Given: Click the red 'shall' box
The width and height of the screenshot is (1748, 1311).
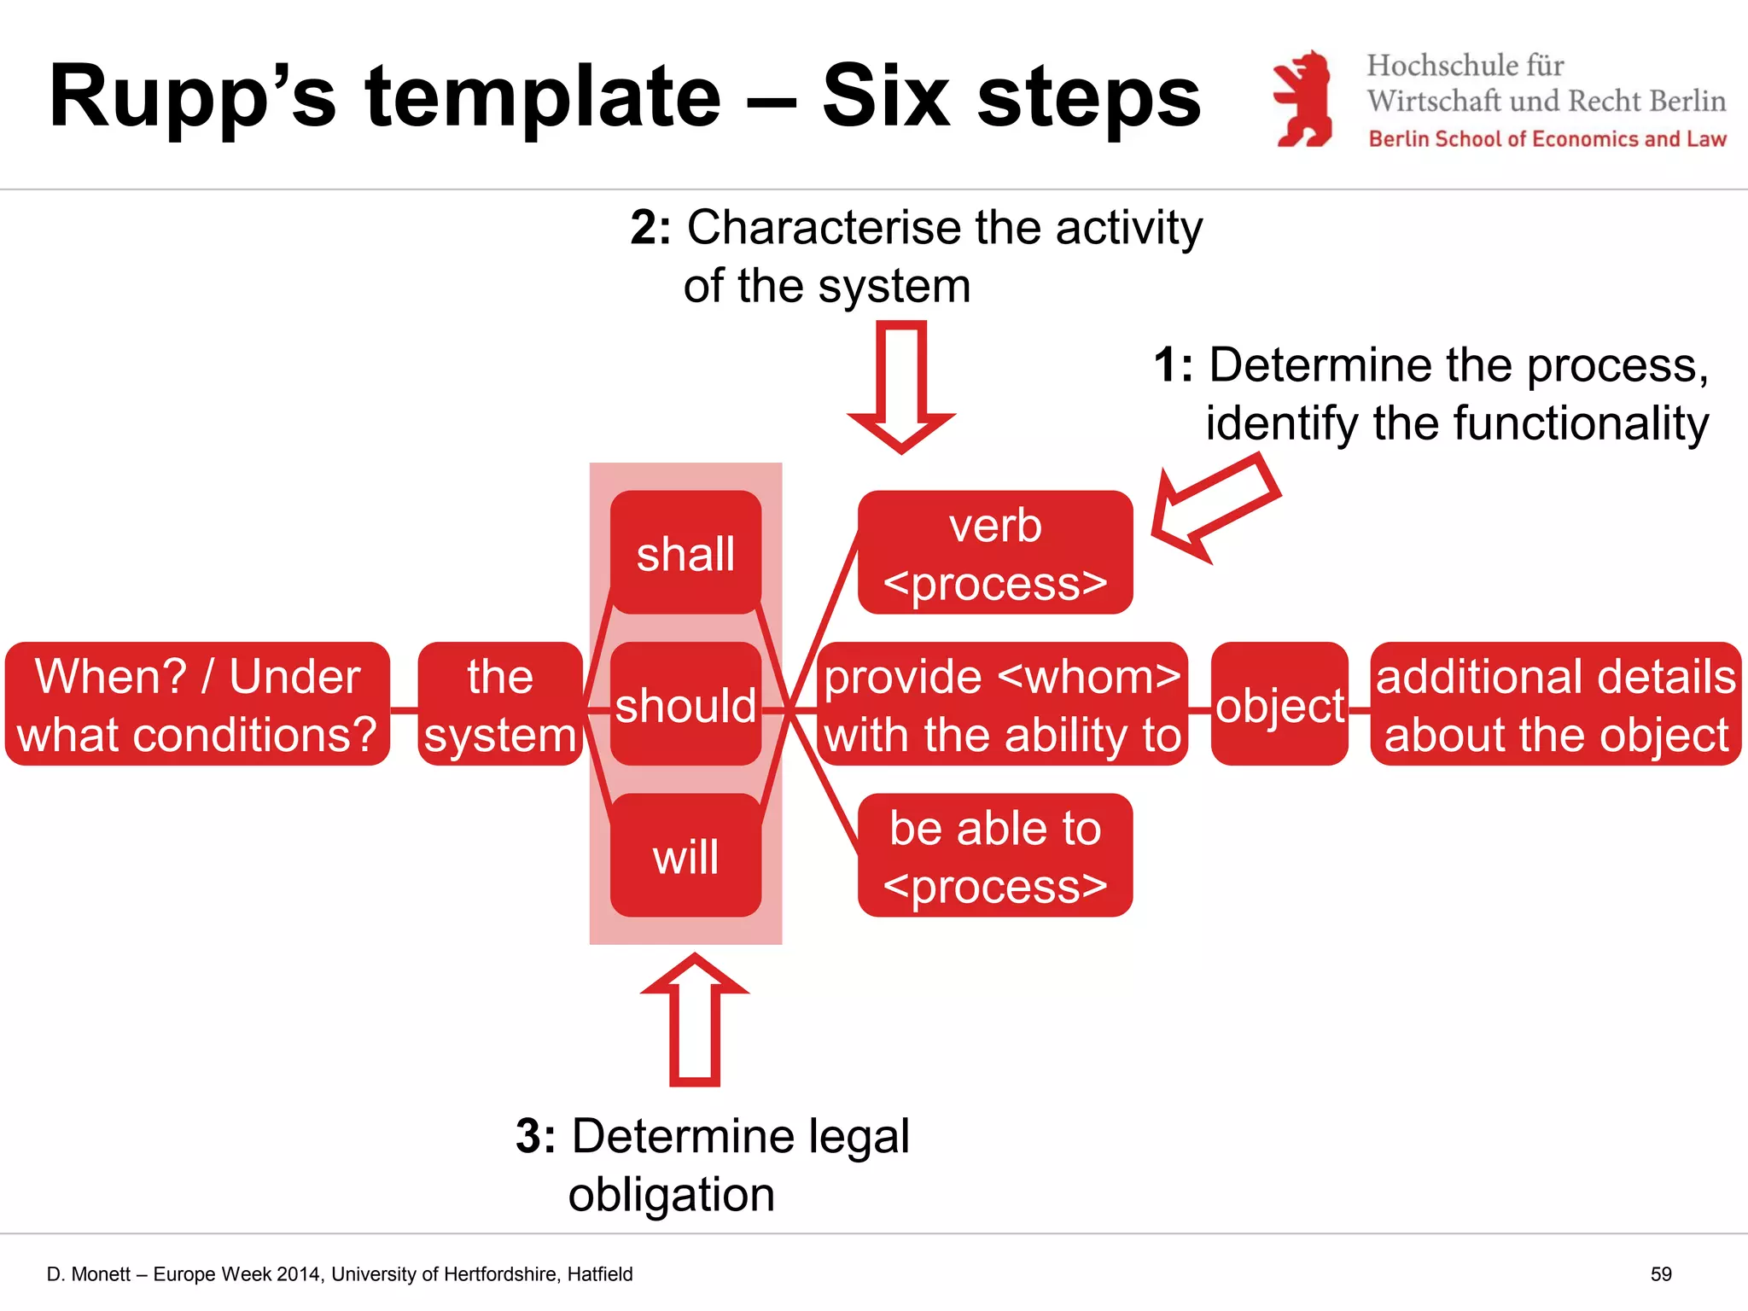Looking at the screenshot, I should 685,552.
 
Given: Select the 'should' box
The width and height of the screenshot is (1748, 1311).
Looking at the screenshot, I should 685,704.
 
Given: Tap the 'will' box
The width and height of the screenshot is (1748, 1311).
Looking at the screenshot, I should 685,855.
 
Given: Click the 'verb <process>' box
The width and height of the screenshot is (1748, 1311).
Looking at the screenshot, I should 995,552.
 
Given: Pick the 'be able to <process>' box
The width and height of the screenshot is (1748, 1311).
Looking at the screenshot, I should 995,855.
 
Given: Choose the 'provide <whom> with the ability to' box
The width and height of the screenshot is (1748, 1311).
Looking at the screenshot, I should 1002,704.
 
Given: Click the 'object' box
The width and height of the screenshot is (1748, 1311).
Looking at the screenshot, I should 1279,704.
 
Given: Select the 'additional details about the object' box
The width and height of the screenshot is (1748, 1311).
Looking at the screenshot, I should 1555,704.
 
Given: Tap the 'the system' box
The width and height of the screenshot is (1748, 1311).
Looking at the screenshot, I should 500,704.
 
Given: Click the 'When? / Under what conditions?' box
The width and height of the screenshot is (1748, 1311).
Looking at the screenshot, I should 197,704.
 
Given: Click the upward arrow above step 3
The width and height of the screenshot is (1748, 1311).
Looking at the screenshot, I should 695,1019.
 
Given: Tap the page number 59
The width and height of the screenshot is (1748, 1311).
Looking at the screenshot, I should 1660,1274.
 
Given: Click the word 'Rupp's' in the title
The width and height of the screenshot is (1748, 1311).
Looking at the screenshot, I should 193,98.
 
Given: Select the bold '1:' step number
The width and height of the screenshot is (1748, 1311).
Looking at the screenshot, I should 1173,365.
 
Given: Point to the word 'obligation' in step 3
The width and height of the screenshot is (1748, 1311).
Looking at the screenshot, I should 672,1194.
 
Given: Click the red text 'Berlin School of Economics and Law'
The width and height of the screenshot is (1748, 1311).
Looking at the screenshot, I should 1547,139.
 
